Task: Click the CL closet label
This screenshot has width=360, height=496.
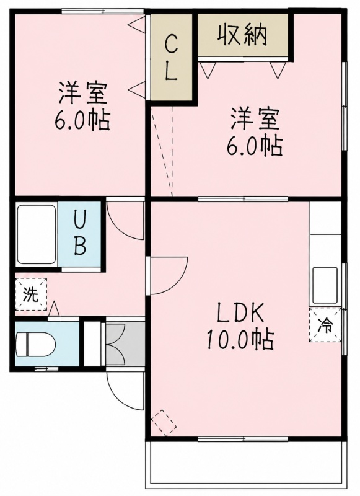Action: (x=171, y=57)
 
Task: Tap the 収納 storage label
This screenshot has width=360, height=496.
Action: (x=243, y=34)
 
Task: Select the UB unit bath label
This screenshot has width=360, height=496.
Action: (x=80, y=234)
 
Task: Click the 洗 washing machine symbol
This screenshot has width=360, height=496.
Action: (x=31, y=294)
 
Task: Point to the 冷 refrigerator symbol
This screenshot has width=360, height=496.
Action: (x=325, y=324)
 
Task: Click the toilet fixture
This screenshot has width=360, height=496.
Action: (x=35, y=344)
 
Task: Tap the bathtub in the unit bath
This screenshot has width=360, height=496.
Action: (x=37, y=234)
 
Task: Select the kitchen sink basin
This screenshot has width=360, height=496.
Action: (x=325, y=285)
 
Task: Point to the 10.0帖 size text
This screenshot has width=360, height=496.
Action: (x=240, y=339)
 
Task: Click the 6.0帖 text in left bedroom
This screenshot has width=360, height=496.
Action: (x=82, y=120)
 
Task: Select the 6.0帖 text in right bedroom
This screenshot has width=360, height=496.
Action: (x=254, y=146)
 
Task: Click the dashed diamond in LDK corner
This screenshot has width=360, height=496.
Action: (x=164, y=423)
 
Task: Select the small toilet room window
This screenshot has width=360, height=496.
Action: (x=46, y=369)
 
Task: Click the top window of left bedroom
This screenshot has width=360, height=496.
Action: (x=103, y=11)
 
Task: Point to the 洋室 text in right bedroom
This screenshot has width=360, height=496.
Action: (x=255, y=120)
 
